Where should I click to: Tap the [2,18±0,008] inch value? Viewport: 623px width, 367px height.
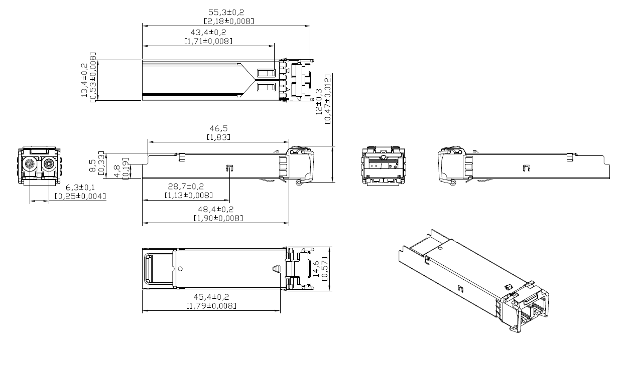pos(228,21)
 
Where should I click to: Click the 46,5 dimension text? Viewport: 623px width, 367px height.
pos(218,128)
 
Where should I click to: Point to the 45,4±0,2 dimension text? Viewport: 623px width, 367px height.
pos(211,297)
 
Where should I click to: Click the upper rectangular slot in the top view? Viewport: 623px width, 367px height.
pos(267,74)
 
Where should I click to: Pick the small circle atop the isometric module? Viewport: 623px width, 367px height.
pos(440,248)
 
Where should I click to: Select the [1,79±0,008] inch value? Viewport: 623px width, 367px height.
pos(211,306)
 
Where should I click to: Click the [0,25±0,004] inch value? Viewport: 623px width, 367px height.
pos(80,196)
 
